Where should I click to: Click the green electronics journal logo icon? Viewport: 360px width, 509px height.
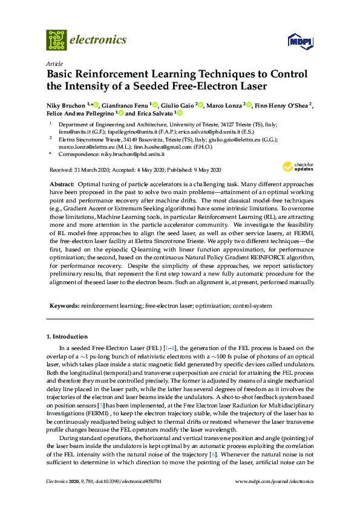[56, 40]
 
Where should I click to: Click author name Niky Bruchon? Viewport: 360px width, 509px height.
[66, 105]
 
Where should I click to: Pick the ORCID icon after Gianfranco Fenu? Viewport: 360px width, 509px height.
[155, 105]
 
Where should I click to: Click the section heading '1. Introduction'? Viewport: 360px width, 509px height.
[67, 336]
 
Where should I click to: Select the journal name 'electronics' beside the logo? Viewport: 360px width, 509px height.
[99, 40]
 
